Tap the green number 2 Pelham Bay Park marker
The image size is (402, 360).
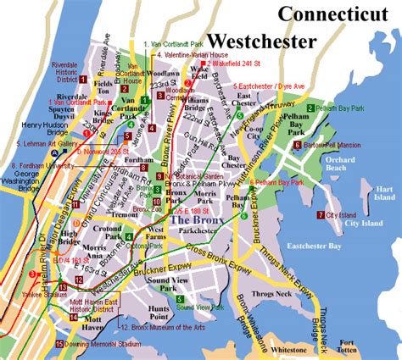pos(311,108)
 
